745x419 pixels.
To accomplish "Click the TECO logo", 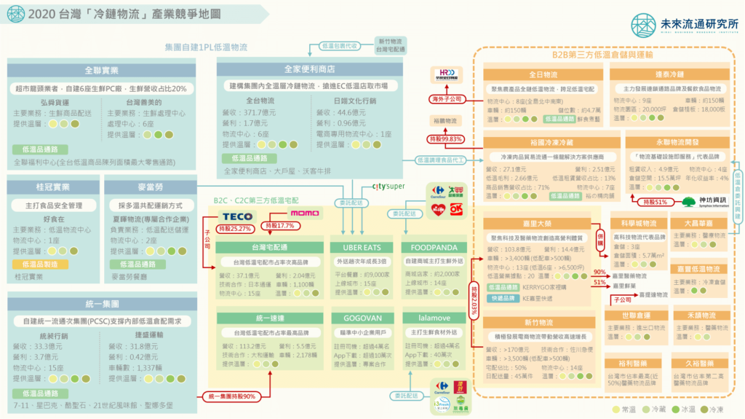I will point(237,216).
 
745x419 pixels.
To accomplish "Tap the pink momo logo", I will point(305,214).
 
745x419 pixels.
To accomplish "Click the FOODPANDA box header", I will point(430,247).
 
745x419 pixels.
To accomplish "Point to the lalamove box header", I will point(430,318).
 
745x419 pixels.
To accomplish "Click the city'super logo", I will point(388,187).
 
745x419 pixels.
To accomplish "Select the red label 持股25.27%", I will point(234,229).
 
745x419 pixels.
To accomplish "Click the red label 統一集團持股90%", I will point(231,396).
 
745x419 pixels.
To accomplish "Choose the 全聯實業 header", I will point(101,71).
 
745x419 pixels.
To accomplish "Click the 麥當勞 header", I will point(150,187).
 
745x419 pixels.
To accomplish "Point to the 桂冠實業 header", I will point(52,187).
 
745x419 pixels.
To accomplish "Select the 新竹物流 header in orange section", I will point(538,322).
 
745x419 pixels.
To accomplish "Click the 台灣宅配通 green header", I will point(270,247).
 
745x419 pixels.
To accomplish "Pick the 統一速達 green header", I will point(270,318).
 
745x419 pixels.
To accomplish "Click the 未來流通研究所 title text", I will point(697,23).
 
